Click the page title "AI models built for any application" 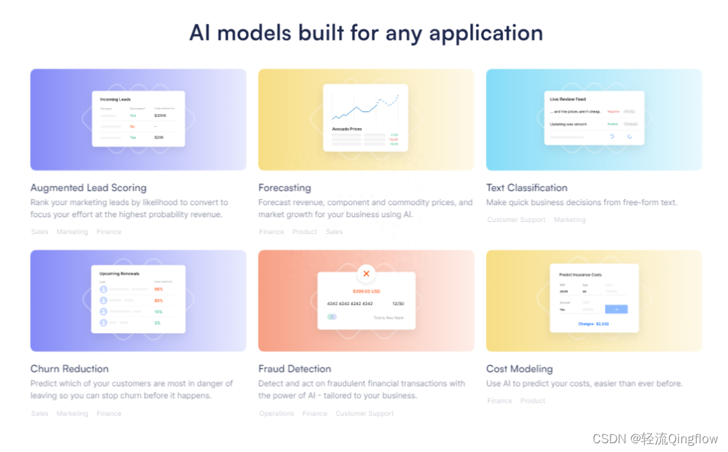[365, 33]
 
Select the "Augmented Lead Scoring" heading [88, 188]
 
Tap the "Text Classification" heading [526, 188]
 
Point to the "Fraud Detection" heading [295, 369]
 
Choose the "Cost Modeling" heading [519, 369]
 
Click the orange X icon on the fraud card [366, 273]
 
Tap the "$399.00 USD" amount [366, 291]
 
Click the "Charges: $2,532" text [593, 324]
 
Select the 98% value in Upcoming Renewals [158, 289]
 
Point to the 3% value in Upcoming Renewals [158, 322]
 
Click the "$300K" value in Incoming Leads [160, 115]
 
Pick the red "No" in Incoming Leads [133, 126]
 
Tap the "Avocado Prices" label [346, 129]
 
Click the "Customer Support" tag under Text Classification [516, 220]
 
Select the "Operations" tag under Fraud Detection [276, 414]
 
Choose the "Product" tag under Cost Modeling [533, 401]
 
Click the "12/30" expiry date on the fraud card [398, 304]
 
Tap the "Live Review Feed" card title [567, 99]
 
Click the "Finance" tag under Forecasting [272, 232]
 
